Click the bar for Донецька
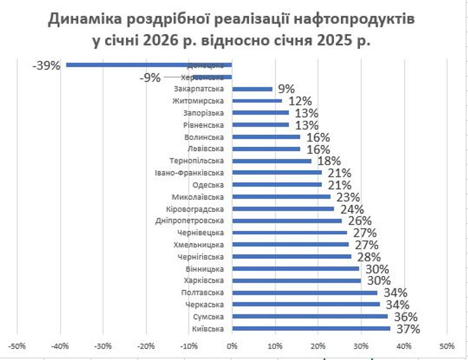point(149,65)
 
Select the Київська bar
point(311,328)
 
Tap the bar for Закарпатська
point(252,89)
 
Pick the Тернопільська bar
point(272,161)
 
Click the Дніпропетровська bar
point(287,221)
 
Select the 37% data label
point(407,328)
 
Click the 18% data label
point(329,161)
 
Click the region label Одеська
point(207,185)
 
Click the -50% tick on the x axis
point(17,345)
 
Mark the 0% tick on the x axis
point(231,345)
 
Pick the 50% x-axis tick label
point(446,345)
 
